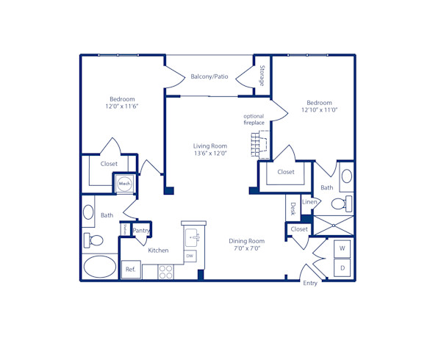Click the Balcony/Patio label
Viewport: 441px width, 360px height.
tap(209, 76)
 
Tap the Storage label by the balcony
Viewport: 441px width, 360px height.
tap(262, 76)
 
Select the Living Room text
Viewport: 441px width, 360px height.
tap(209, 146)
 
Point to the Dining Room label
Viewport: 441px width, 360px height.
tap(245, 241)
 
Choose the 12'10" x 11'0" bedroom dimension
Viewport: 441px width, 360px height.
tap(319, 110)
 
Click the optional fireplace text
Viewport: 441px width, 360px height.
tap(254, 120)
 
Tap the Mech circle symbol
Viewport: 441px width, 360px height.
tap(124, 184)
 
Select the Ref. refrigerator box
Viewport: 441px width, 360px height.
tap(131, 270)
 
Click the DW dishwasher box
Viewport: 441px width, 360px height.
tap(190, 256)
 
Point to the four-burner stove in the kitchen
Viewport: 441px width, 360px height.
tap(167, 272)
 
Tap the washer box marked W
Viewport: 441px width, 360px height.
tap(342, 250)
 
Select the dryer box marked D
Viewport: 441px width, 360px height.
tap(342, 269)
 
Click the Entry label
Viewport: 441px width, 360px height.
tap(310, 283)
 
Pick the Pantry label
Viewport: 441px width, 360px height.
tap(141, 231)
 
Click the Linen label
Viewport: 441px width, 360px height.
tap(309, 202)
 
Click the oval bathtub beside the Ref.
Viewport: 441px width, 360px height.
tap(99, 267)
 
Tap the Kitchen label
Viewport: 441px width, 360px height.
tap(158, 251)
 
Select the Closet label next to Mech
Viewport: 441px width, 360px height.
tap(109, 164)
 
